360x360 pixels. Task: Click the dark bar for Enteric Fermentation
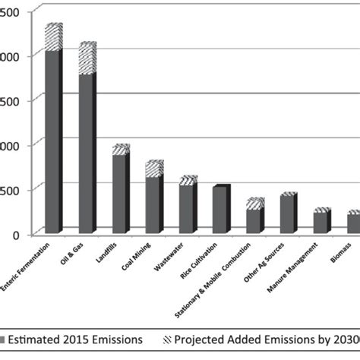[x=52, y=141]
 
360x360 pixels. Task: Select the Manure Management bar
[x=321, y=222]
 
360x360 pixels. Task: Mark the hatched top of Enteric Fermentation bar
[x=53, y=37]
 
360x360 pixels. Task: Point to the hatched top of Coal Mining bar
[x=153, y=169]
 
